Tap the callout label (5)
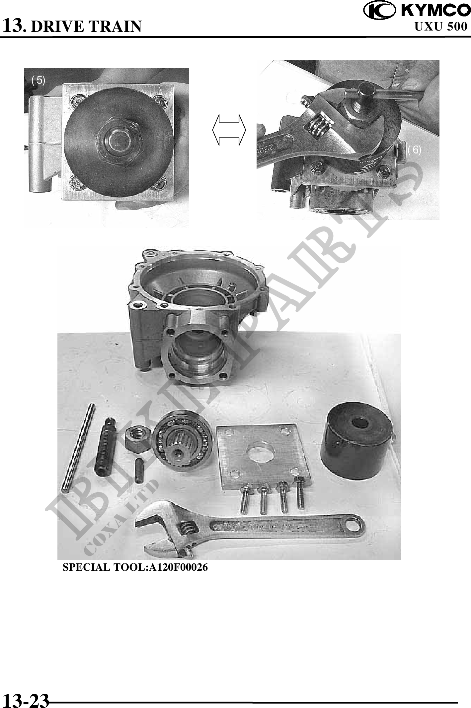(x=38, y=80)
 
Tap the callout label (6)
(x=415, y=150)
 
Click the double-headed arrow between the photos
(x=229, y=130)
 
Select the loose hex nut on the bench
(x=137, y=440)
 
